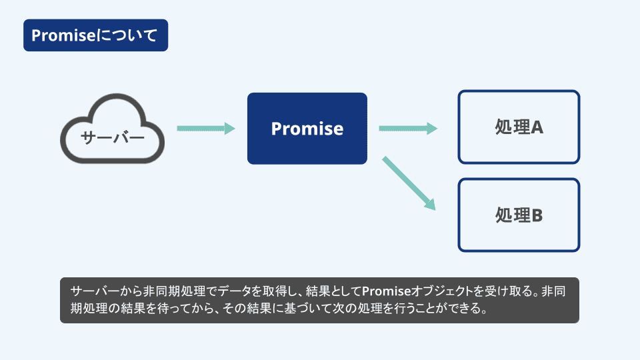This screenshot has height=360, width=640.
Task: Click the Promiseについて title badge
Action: tap(95, 35)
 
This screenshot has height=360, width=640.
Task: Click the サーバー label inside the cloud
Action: tap(113, 137)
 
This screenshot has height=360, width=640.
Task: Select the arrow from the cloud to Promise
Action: tap(206, 128)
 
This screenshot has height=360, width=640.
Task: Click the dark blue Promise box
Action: tap(307, 129)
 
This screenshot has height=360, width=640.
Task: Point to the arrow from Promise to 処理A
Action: tap(408, 128)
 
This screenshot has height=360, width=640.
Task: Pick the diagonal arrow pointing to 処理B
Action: tap(409, 183)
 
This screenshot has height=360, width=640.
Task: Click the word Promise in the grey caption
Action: tap(386, 291)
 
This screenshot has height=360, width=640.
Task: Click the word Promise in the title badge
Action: tap(64, 35)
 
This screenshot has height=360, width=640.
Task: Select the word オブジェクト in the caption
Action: tap(441, 291)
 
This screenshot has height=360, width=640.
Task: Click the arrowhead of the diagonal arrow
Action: tap(430, 204)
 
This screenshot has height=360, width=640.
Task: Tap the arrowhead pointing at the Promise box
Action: tap(230, 128)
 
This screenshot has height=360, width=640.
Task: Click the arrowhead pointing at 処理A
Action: tap(432, 128)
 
